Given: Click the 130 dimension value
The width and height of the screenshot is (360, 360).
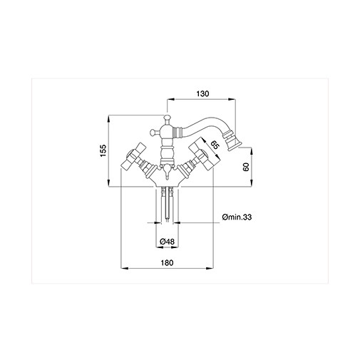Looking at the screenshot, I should point(203,94).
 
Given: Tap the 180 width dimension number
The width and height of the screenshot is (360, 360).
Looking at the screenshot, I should point(167,262).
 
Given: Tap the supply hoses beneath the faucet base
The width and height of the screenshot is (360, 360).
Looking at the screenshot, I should point(167,203).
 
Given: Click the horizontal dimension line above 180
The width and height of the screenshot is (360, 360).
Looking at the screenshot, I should point(167,269).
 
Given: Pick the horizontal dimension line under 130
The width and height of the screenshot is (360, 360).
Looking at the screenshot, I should point(203,101).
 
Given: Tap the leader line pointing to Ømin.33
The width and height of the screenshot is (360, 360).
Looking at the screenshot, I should point(196,223).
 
